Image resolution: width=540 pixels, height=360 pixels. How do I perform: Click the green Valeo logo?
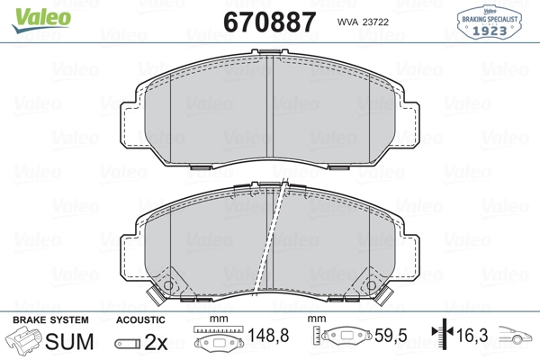click(x=41, y=20)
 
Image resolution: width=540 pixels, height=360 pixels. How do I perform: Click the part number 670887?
click(x=270, y=22)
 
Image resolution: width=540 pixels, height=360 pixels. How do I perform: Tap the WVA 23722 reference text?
click(x=363, y=22)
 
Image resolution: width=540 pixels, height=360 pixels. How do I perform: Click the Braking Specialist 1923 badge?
click(x=489, y=22)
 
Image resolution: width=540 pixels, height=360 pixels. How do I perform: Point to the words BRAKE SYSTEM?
click(x=50, y=320)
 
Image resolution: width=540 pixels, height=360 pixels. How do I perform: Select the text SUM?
click(x=69, y=341)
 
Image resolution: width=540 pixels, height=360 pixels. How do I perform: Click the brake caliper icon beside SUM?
click(x=23, y=339)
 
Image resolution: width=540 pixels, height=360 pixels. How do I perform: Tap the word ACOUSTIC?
click(x=140, y=320)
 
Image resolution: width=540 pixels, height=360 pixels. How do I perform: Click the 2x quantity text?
click(x=156, y=342)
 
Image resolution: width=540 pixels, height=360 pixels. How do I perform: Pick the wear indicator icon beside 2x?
click(x=128, y=344)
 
